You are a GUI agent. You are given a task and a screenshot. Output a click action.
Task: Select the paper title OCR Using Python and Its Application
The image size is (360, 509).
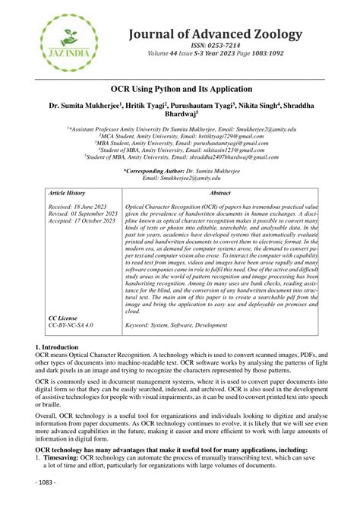[x=179, y=90]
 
